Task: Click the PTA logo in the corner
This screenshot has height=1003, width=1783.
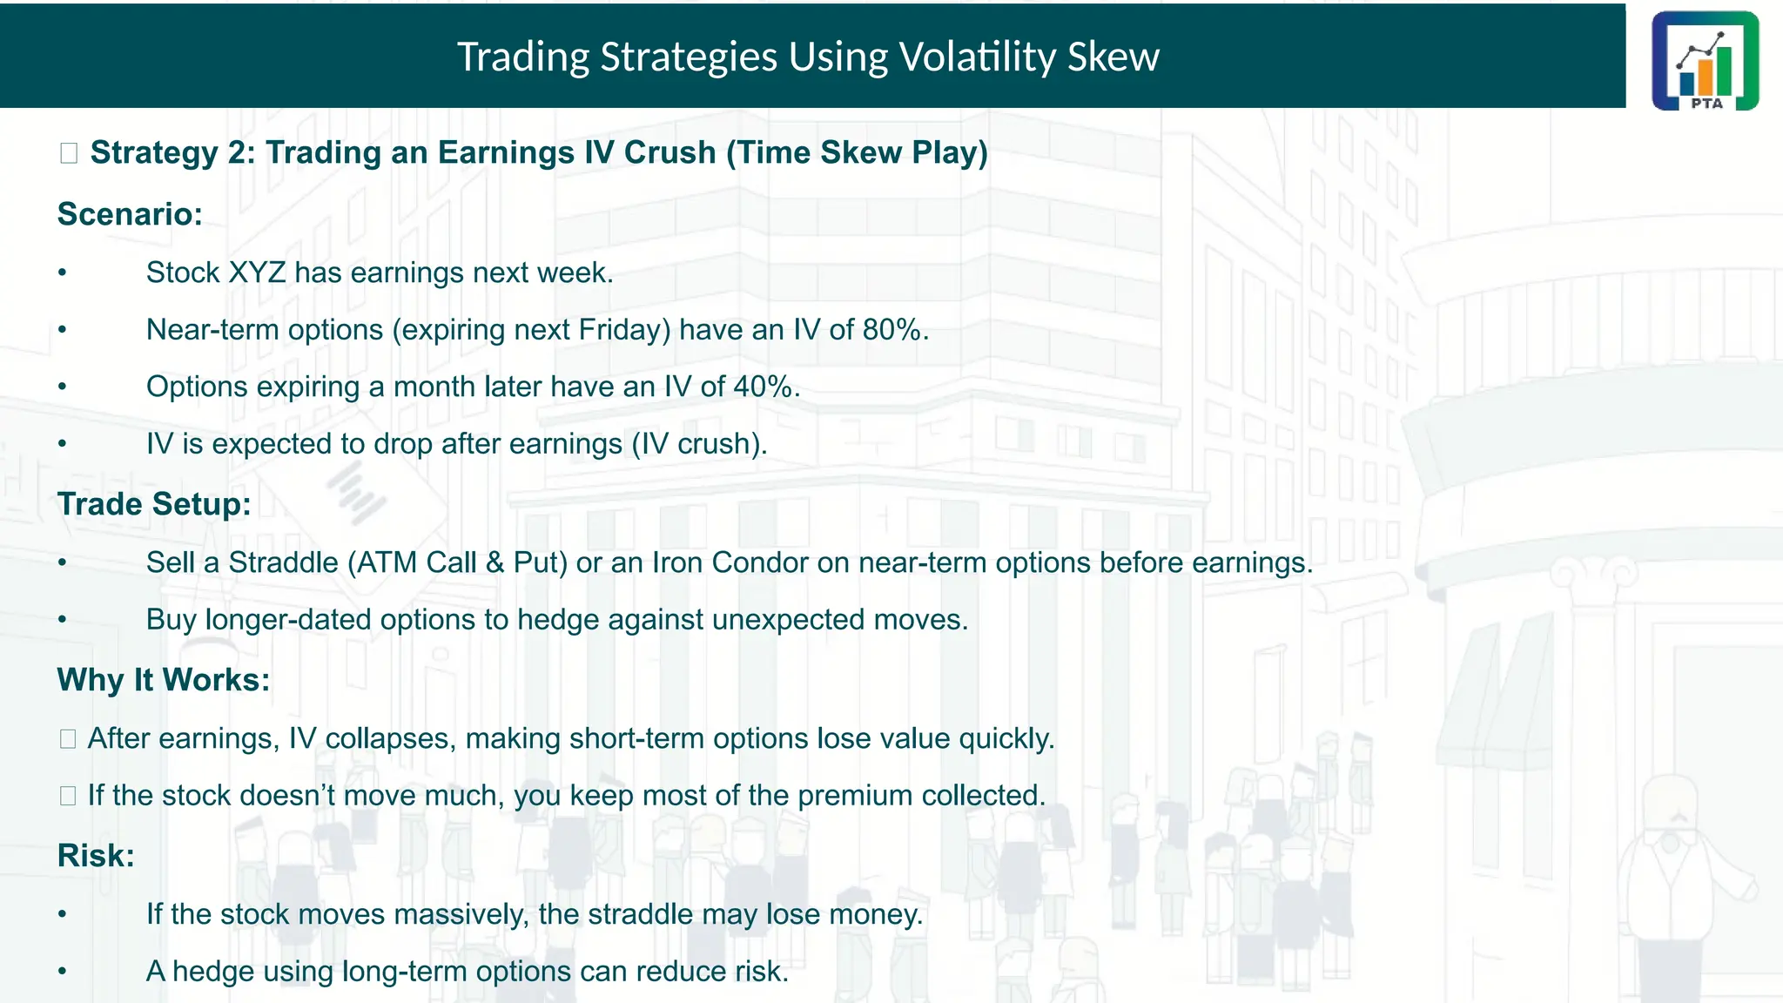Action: [1705, 61]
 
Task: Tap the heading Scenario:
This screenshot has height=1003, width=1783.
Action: [130, 214]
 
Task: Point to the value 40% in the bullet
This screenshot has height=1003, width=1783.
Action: [764, 387]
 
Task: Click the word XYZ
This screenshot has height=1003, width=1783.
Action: [257, 273]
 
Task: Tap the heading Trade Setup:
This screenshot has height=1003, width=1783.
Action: [154, 504]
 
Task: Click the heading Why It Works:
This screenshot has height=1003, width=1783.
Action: [164, 680]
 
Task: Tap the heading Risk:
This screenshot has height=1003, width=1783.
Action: [96, 856]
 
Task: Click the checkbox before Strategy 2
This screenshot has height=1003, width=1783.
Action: [69, 153]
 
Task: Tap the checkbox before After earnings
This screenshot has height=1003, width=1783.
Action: [68, 739]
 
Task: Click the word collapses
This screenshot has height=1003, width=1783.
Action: [390, 738]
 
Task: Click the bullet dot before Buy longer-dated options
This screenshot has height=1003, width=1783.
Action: [63, 620]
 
